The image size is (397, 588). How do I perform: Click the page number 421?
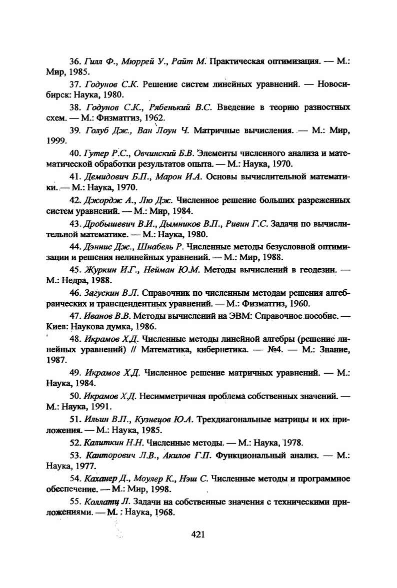(x=198, y=535)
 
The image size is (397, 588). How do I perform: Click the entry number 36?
(x=75, y=61)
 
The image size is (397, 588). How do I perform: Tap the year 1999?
(x=56, y=141)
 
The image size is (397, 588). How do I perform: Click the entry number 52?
(x=75, y=442)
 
